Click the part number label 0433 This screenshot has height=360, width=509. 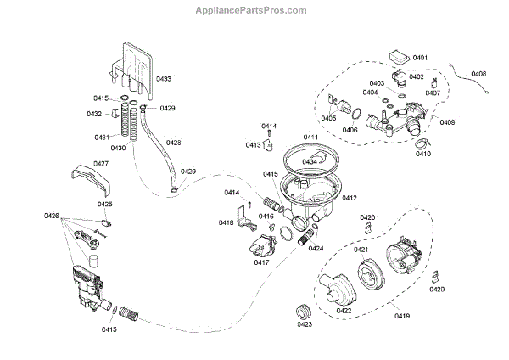tap(162, 79)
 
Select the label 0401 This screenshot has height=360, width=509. tap(419, 57)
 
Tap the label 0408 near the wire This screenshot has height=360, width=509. tap(479, 75)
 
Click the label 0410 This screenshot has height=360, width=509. tap(422, 154)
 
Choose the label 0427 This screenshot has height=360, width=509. tap(100, 164)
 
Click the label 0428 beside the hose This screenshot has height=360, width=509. tap(173, 143)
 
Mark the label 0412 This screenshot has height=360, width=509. tap(349, 198)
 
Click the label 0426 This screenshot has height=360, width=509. tap(51, 217)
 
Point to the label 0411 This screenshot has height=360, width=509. tap(310, 138)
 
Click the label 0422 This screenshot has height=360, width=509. tap(344, 311)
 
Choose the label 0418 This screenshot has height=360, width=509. tap(226, 222)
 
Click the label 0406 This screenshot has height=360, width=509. tap(350, 130)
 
